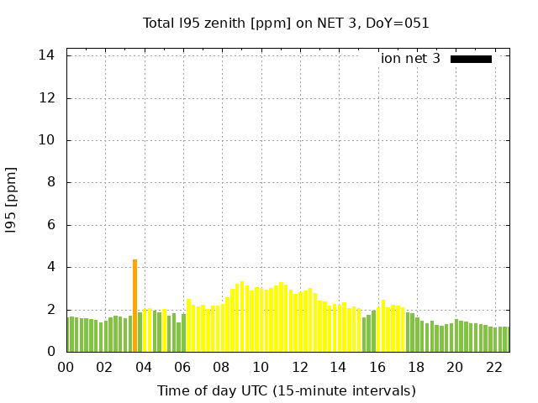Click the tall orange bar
pyautogui.click(x=134, y=306)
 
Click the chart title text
pyautogui.click(x=286, y=23)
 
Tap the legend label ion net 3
pyautogui.click(x=410, y=59)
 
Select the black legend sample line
pyautogui.click(x=471, y=59)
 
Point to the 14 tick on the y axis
pyautogui.click(x=47, y=55)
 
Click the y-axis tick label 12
pyautogui.click(x=47, y=98)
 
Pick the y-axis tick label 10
pyautogui.click(x=47, y=140)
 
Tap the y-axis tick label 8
pyautogui.click(x=51, y=183)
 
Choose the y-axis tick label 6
pyautogui.click(x=51, y=225)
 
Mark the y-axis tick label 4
pyautogui.click(x=51, y=268)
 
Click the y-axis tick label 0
pyautogui.click(x=51, y=352)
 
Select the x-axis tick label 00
pyautogui.click(x=66, y=367)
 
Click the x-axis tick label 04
pyautogui.click(x=144, y=367)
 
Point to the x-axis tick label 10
pyautogui.click(x=261, y=367)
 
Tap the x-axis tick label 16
pyautogui.click(x=377, y=367)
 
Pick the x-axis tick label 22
pyautogui.click(x=493, y=367)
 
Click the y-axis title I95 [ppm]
pyautogui.click(x=11, y=201)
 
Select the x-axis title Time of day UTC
pyautogui.click(x=286, y=390)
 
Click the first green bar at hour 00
pyautogui.click(x=70, y=334)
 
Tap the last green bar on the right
pyautogui.click(x=506, y=339)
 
